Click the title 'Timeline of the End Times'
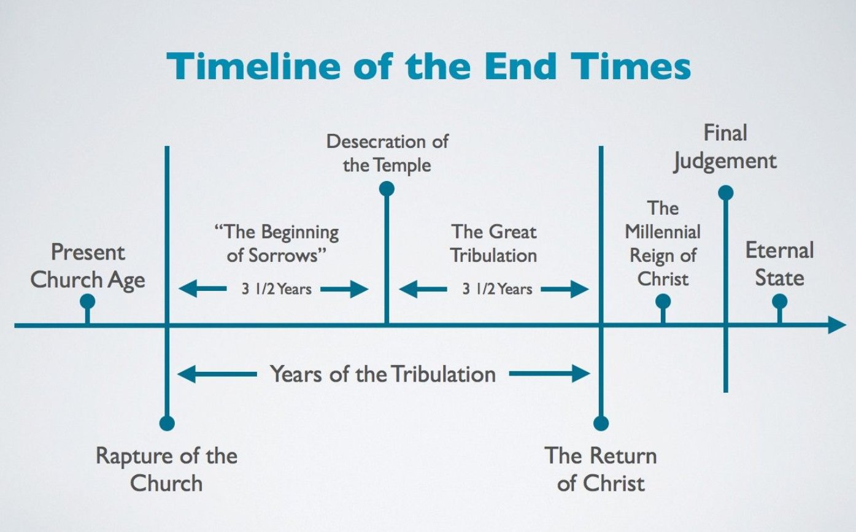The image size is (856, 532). (428, 66)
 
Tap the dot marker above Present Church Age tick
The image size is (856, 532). (88, 301)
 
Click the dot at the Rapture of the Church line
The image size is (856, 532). (167, 423)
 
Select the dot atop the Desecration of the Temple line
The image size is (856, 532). (387, 189)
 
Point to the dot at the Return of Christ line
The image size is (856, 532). (601, 423)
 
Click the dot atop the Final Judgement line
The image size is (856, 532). (726, 193)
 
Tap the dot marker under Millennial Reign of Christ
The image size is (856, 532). (663, 301)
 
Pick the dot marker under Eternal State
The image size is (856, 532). (779, 301)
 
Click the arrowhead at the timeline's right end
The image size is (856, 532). (837, 325)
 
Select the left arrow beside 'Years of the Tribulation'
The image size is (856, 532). (217, 374)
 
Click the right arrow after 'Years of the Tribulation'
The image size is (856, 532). (550, 374)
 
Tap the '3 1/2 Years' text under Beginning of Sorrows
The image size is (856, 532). (276, 289)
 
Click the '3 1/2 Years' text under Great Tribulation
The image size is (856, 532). (497, 289)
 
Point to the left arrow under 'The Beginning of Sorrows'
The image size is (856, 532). (202, 289)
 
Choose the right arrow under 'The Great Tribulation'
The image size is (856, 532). (565, 289)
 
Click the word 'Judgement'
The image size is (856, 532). (725, 161)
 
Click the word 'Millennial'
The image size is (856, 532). (663, 232)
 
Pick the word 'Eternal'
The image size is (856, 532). (779, 251)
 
